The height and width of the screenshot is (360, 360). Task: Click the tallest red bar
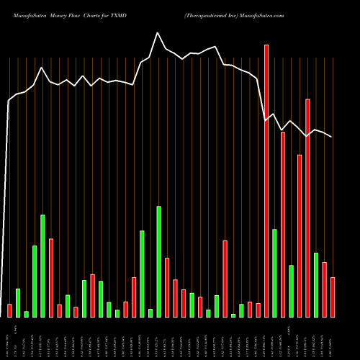(x=266, y=181)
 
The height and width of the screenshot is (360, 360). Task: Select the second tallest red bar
(x=307, y=208)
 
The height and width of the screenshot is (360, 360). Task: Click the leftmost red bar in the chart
(x=9, y=310)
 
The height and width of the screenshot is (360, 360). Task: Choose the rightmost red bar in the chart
(x=333, y=297)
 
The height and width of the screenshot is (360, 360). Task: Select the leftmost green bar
(x=18, y=302)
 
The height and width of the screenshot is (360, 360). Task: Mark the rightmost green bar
(x=316, y=284)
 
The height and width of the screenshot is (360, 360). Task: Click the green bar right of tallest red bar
(x=274, y=273)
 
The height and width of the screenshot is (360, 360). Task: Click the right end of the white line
(x=332, y=137)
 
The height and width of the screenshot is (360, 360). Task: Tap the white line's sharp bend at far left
(x=9, y=101)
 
